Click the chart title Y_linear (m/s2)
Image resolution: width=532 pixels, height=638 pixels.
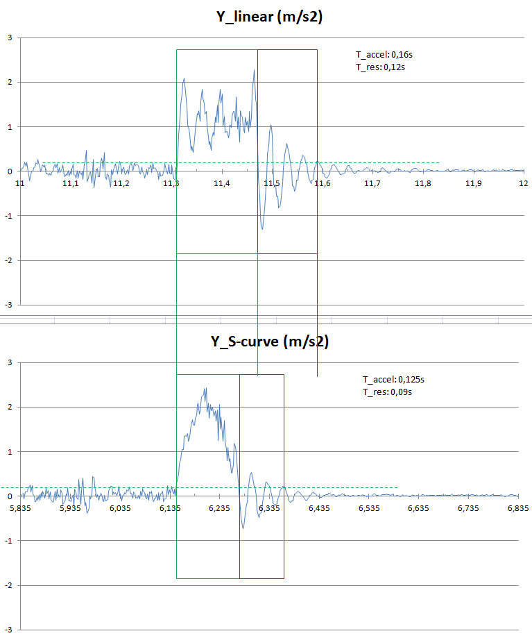tap(270, 18)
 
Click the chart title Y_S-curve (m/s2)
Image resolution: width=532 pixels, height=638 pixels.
tap(270, 342)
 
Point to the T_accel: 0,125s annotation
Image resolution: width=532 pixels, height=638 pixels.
tap(393, 379)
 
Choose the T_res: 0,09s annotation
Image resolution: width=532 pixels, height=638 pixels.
tap(387, 392)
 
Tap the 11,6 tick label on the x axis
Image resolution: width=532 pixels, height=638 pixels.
tap(323, 183)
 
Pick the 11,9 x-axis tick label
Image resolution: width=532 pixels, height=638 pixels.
tap(474, 183)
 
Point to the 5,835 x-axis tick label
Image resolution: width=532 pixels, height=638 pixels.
tap(20, 508)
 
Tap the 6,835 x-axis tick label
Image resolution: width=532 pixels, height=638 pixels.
tap(518, 508)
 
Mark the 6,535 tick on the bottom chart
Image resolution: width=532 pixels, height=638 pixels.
tap(369, 508)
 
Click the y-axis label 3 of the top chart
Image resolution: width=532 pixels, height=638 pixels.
tap(9, 37)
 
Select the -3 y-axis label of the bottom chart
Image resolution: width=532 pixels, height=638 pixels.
tap(8, 630)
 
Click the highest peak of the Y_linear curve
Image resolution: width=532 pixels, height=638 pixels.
tap(255, 69)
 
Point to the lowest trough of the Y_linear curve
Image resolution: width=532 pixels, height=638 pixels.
tap(262, 228)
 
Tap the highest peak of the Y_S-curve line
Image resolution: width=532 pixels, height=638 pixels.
tap(205, 388)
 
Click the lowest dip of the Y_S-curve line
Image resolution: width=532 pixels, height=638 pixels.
tap(243, 528)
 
